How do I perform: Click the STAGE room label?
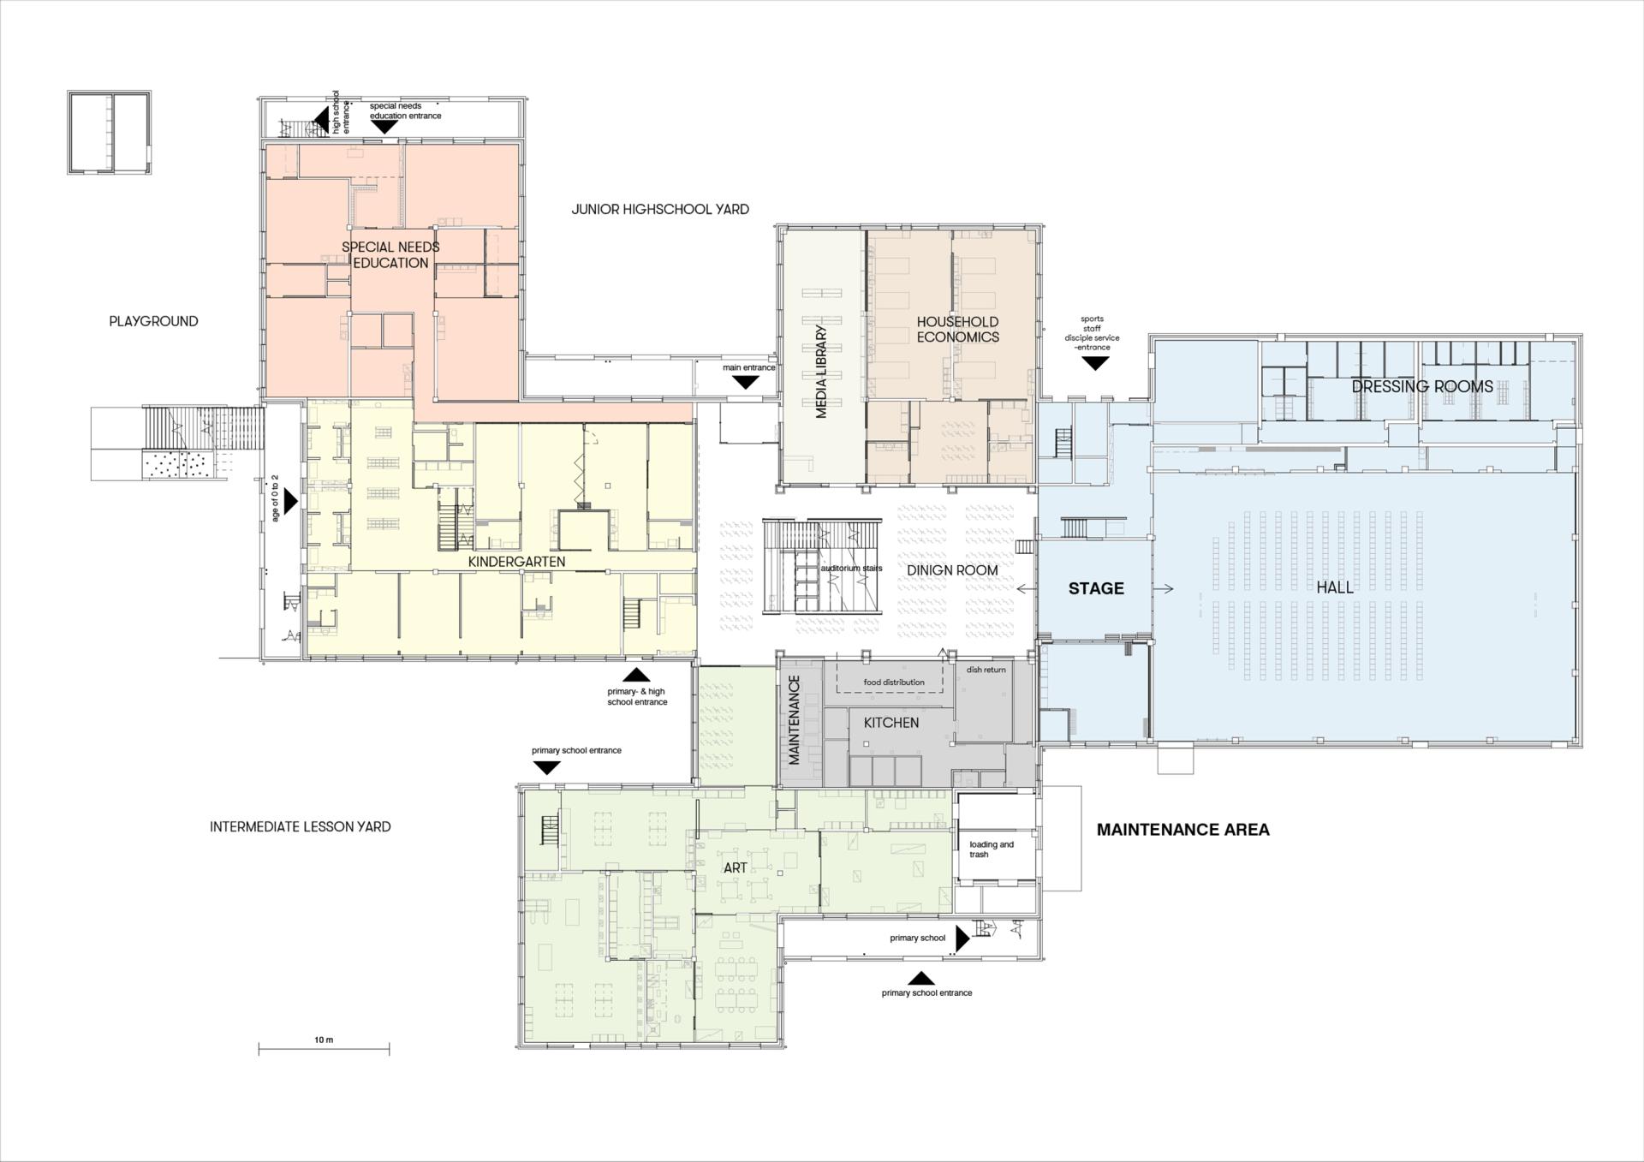point(1096,588)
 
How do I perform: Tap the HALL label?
point(1335,587)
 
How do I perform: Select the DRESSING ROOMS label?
point(1422,386)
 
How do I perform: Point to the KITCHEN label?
point(891,723)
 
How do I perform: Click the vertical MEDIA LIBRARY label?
point(821,372)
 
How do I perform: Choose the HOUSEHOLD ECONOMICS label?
point(957,329)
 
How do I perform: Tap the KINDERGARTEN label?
point(516,562)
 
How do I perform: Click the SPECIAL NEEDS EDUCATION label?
point(390,254)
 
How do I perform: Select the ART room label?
point(736,867)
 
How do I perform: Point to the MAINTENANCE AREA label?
point(1182,829)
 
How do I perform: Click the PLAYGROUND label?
point(153,321)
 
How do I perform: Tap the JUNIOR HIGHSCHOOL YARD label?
point(660,209)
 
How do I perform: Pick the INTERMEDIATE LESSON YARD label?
point(301,826)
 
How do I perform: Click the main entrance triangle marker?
point(746,382)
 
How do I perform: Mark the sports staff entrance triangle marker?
point(1095,363)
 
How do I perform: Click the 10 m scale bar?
point(324,1049)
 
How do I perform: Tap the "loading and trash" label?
point(992,849)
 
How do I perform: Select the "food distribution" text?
point(893,682)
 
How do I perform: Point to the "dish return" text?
point(986,670)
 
